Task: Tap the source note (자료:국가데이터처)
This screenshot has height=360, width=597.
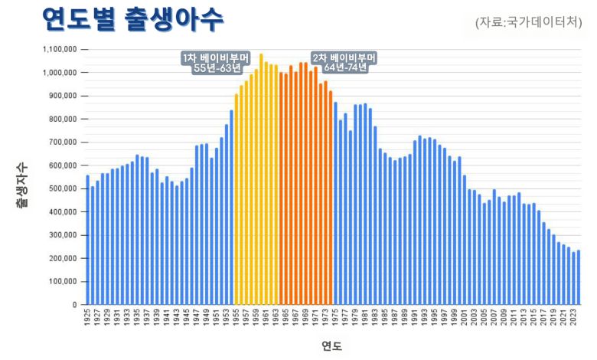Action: coord(529,21)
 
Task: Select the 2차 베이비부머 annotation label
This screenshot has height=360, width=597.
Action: coord(344,63)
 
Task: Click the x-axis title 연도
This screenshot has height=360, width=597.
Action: coord(332,346)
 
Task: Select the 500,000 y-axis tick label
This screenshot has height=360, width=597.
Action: coord(61,188)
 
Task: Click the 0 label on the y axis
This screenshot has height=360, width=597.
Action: coord(73,304)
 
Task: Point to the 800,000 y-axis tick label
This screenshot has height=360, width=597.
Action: coord(61,119)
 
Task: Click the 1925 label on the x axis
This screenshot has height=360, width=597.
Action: coord(88,318)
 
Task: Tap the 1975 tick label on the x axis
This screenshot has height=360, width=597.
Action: coord(335,318)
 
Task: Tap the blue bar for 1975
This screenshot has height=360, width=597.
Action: coord(335,203)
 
